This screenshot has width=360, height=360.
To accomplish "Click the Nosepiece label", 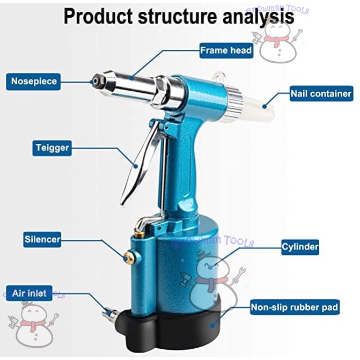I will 34,82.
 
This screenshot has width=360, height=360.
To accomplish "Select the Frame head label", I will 225,50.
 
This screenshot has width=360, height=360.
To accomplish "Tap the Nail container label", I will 321,94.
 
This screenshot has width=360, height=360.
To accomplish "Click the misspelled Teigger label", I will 52,147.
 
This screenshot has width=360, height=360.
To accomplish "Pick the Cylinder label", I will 300,247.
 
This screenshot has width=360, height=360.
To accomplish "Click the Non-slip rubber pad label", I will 295,307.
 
